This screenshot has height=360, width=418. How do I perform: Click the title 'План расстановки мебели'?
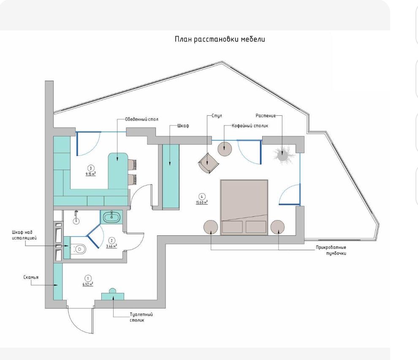(x=220, y=39)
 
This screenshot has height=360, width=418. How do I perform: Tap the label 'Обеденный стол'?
(x=141, y=119)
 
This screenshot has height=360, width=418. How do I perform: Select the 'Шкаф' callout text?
(x=183, y=125)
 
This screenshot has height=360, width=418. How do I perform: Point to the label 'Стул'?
(x=217, y=116)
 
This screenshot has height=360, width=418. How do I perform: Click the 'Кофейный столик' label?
(x=250, y=125)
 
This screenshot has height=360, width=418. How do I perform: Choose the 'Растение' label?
(x=266, y=115)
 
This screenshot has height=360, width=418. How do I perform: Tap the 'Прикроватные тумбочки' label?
(x=331, y=250)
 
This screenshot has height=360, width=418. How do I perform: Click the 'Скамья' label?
(x=31, y=277)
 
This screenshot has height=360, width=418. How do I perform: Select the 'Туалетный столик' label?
(x=141, y=317)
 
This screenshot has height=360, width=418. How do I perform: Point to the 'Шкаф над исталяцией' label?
(x=24, y=235)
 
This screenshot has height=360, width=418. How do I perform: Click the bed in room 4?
(x=244, y=207)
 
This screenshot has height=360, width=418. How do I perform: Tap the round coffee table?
(x=225, y=149)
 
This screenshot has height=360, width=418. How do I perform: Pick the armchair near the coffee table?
(x=208, y=163)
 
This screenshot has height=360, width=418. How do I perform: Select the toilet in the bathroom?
(x=79, y=249)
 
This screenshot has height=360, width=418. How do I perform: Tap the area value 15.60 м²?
(x=202, y=202)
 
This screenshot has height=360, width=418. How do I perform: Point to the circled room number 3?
(x=91, y=168)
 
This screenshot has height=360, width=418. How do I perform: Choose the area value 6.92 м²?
(x=88, y=284)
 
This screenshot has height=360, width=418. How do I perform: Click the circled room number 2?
(x=112, y=241)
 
